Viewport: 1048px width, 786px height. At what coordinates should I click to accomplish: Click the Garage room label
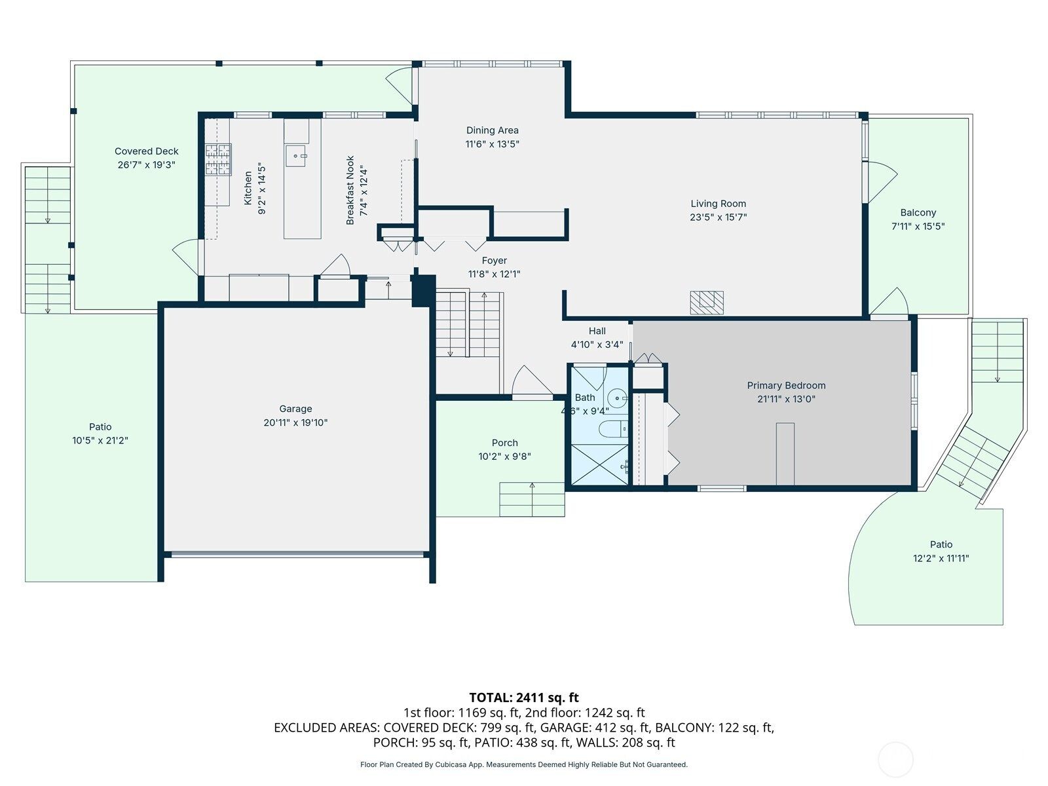[295, 409]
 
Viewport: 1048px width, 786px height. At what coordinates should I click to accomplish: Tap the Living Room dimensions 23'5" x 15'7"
[718, 217]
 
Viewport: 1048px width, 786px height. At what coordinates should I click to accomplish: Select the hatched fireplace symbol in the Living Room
[707, 303]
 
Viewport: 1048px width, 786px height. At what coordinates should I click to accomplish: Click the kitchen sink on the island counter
[296, 156]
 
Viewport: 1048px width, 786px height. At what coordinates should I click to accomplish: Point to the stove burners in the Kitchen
[219, 159]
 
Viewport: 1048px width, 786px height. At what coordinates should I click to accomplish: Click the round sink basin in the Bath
[618, 398]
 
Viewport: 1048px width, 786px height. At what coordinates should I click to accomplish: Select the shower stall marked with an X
[600, 465]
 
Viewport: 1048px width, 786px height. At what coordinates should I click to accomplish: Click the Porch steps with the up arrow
[532, 499]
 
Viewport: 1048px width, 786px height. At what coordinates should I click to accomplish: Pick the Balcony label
[918, 213]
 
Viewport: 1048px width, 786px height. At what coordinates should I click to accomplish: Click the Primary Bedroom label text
[786, 386]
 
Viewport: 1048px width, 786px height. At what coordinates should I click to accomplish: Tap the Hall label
[597, 331]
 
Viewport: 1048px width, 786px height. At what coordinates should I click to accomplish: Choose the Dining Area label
[493, 130]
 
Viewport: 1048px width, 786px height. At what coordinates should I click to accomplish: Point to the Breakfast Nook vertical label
[350, 190]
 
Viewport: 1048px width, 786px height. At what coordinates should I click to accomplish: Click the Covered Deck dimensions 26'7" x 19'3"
[147, 164]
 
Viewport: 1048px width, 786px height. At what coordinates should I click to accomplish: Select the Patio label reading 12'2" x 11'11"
[941, 558]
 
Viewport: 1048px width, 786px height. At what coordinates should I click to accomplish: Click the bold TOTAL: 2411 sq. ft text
[524, 698]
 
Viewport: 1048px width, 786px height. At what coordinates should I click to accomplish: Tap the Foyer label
[494, 261]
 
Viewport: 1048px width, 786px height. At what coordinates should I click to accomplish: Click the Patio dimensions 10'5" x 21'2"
[100, 440]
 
